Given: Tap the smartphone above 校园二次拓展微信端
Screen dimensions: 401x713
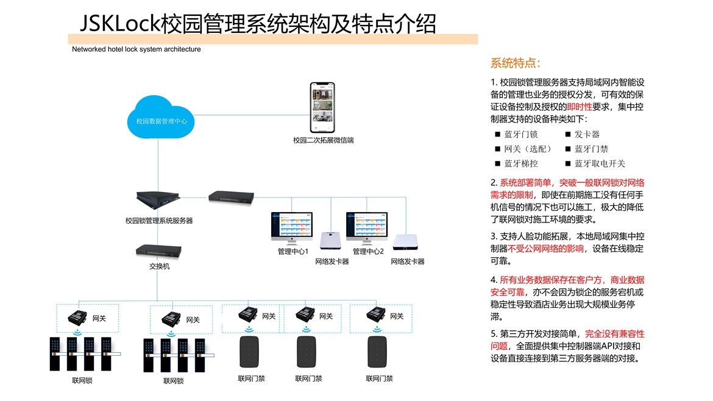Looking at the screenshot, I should [x=323, y=108].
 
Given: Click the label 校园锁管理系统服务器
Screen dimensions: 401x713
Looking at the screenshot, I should [x=159, y=221].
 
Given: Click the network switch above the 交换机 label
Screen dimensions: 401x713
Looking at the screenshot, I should [x=158, y=250].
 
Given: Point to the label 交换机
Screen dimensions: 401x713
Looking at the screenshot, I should [x=159, y=266].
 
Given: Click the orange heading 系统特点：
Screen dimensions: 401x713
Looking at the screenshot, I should [x=515, y=63].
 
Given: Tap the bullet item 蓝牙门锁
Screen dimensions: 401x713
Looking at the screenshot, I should [x=520, y=134].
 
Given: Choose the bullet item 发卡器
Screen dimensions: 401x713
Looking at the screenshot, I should [x=587, y=134].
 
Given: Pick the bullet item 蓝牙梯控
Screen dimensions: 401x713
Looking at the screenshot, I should [x=520, y=163].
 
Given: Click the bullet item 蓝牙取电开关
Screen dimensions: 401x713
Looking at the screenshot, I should [x=600, y=163].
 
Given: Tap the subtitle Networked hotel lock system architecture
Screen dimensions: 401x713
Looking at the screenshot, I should [x=137, y=49].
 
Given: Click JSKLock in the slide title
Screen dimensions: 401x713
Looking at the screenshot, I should [x=120, y=24].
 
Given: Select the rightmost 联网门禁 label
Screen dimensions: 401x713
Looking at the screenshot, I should [x=379, y=378].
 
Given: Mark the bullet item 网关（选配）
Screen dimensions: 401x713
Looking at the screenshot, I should [x=527, y=149].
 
